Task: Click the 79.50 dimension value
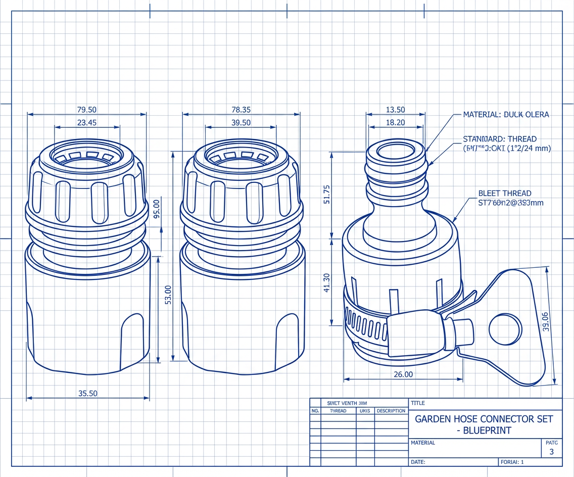[x=86, y=110]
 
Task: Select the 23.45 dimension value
[x=86, y=122]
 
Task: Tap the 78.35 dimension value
[x=241, y=110]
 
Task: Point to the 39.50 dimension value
[x=241, y=122]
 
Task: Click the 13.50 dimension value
[x=395, y=110]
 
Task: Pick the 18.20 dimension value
[x=395, y=122]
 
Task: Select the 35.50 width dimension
[x=88, y=393]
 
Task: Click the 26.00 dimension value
[x=403, y=374]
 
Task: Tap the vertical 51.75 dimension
[x=326, y=195]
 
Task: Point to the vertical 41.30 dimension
[x=326, y=283]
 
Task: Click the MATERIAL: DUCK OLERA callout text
[x=506, y=115]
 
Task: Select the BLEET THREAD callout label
[x=505, y=193]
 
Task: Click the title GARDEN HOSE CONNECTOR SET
[x=484, y=419]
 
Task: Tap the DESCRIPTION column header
[x=391, y=411]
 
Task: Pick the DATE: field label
[x=418, y=462]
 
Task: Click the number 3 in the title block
[x=551, y=452]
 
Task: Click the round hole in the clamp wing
[x=505, y=328]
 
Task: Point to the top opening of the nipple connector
[x=395, y=150]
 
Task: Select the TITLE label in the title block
[x=418, y=403]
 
